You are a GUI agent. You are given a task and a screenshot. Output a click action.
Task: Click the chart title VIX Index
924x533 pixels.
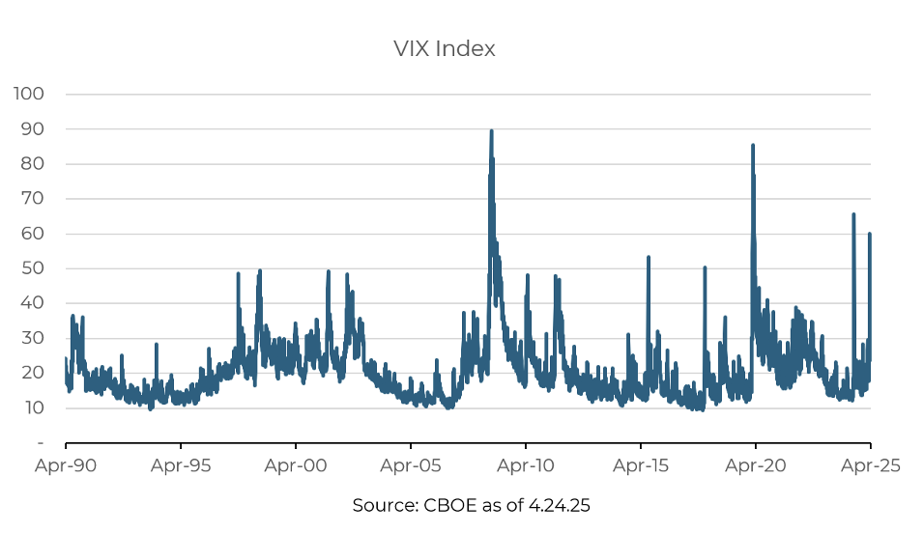coord(444,49)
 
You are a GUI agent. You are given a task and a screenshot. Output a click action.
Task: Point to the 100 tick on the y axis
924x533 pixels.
coord(29,94)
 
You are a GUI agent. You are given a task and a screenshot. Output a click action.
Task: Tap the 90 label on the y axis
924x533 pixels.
coord(33,128)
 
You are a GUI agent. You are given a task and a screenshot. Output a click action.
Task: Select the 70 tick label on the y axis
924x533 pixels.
coord(33,199)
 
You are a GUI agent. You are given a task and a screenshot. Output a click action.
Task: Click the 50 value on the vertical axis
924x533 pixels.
coord(33,268)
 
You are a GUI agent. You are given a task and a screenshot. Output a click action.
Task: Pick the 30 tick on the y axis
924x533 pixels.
coord(33,338)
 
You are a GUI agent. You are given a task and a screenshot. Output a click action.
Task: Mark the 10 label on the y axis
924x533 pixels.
coord(33,407)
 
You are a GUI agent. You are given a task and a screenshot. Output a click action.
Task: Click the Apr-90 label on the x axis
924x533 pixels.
coord(66,465)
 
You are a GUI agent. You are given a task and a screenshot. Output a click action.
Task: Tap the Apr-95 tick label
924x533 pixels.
coord(181,465)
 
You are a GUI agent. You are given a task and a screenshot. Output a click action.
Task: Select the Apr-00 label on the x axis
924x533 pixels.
coord(296,465)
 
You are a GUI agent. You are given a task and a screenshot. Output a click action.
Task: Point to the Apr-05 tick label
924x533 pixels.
coord(411,465)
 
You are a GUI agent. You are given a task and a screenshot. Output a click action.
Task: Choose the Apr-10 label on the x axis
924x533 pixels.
coord(526,465)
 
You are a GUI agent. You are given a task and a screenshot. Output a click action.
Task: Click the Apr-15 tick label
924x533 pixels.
coord(641,465)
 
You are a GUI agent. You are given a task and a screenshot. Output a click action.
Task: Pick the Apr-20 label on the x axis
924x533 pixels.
coord(756,465)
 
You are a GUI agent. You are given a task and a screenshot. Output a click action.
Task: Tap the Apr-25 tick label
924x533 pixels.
coord(871,465)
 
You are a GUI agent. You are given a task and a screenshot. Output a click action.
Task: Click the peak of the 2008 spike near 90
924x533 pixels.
coord(491,131)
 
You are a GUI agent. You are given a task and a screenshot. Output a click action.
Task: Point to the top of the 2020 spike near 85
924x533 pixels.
coord(753,146)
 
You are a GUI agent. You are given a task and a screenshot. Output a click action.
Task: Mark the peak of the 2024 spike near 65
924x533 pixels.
coord(853,214)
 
